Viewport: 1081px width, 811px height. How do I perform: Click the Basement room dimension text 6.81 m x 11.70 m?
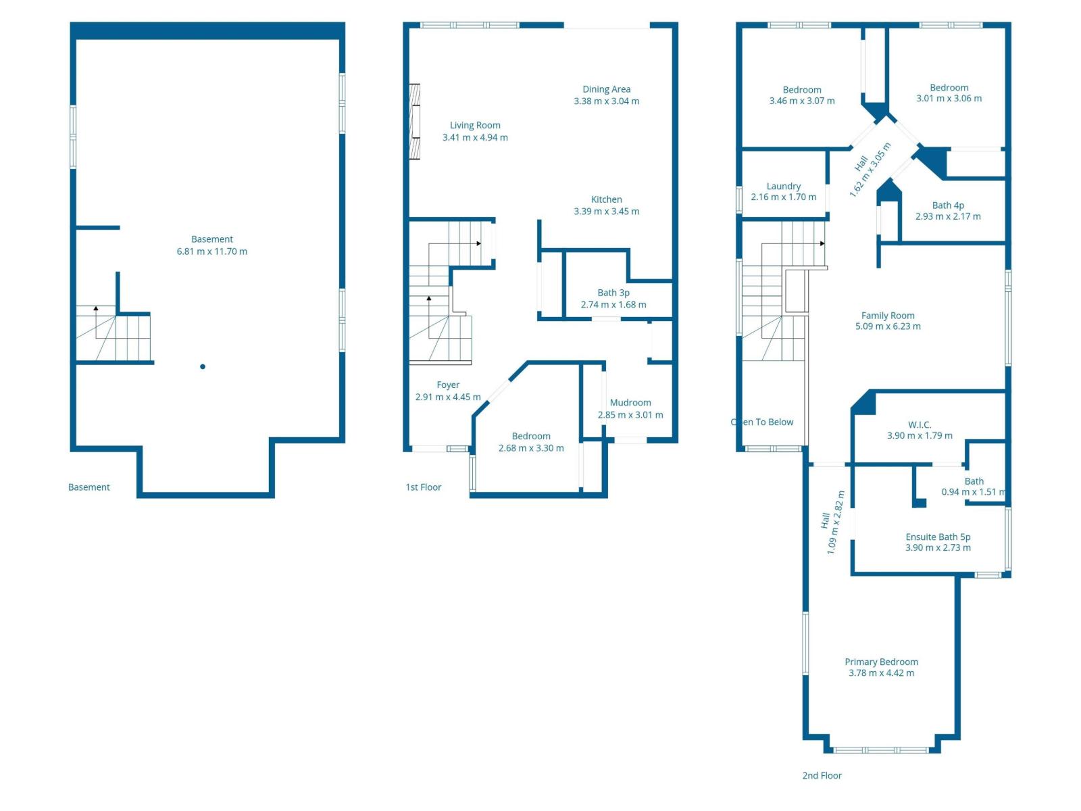point(211,251)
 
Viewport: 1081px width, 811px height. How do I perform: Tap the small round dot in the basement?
point(203,366)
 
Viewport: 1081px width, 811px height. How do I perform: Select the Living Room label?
point(475,125)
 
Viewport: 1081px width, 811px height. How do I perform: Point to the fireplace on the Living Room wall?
point(414,122)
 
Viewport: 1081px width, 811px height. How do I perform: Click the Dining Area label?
point(606,89)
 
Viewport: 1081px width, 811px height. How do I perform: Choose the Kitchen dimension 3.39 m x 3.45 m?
point(606,212)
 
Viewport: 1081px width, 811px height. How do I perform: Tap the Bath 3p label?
point(613,293)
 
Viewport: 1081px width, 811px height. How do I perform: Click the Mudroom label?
point(630,403)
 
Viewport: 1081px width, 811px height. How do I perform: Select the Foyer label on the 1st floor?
point(448,385)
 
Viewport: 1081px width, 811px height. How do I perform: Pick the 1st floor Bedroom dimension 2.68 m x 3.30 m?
point(530,448)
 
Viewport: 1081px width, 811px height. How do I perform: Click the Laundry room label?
point(783,186)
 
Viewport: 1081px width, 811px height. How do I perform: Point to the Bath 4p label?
point(947,205)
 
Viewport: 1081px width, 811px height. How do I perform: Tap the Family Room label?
point(887,316)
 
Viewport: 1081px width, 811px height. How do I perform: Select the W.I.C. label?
point(919,424)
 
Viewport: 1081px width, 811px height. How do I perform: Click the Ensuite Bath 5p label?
point(937,537)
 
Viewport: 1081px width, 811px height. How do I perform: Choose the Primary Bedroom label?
point(880,662)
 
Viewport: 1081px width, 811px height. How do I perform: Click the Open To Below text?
point(762,422)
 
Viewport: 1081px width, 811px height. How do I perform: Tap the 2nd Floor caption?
point(822,775)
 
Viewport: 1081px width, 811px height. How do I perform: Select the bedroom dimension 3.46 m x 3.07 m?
point(801,101)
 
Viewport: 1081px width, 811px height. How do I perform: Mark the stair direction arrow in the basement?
point(96,308)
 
